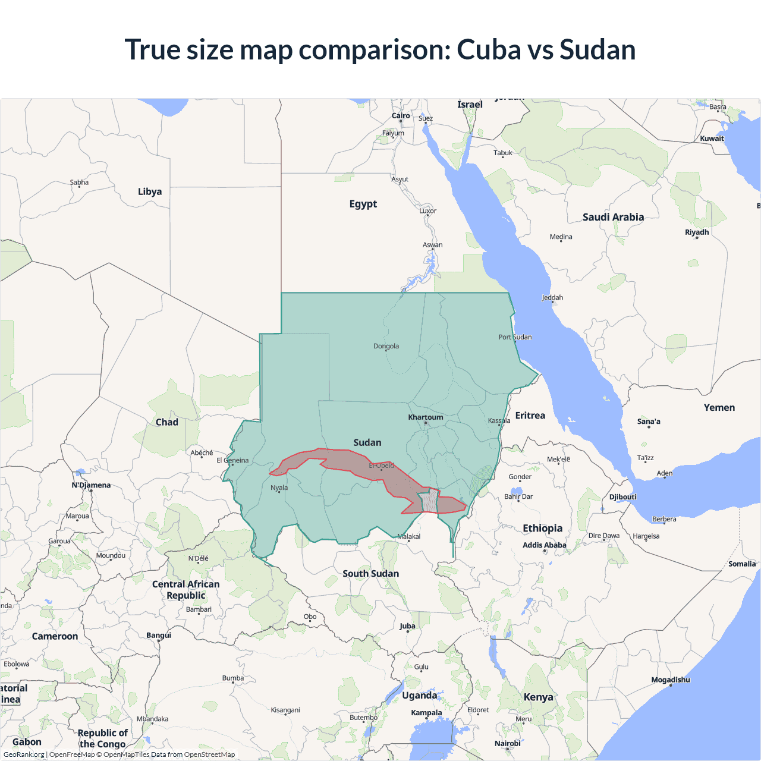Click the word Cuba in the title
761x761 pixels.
[x=489, y=49]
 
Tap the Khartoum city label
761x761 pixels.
[x=425, y=417]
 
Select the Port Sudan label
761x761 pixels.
[x=515, y=337]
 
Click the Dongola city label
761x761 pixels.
[x=386, y=346]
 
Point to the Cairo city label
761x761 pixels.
[x=401, y=116]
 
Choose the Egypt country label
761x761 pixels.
[x=363, y=204]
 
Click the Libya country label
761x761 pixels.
[x=150, y=191]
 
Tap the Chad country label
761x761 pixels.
[x=166, y=422]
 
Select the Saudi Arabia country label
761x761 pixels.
[x=613, y=217]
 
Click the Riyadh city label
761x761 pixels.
[x=697, y=232]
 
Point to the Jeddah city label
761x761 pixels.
[x=552, y=298]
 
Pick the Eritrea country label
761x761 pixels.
[x=530, y=416]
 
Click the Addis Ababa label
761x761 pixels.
[x=544, y=545]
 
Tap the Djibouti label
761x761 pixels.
[x=622, y=497]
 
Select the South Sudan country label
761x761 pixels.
[x=370, y=574]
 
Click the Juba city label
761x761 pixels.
[x=407, y=626]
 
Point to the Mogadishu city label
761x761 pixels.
[x=671, y=680]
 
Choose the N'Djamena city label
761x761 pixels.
[x=91, y=485]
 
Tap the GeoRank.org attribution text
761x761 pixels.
[x=24, y=754]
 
